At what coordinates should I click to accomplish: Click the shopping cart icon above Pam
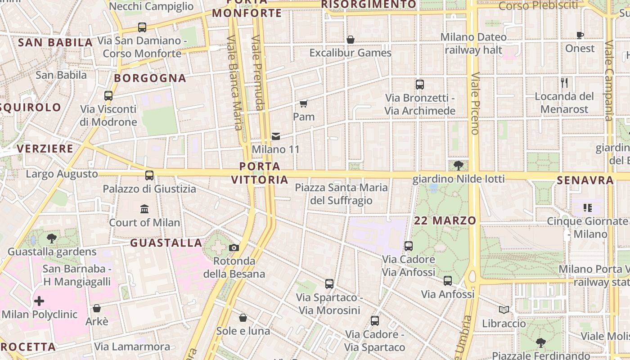[304, 104]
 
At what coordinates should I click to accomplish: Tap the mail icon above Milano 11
[276, 136]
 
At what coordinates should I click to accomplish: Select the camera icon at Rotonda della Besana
[234, 247]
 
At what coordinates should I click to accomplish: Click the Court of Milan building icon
[144, 209]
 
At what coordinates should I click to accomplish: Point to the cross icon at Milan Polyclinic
[40, 301]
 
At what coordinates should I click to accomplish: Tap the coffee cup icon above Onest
[580, 36]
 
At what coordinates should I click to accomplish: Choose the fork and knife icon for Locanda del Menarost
[564, 83]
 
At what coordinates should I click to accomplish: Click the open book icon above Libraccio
[504, 310]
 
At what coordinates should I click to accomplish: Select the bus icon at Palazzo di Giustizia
[149, 175]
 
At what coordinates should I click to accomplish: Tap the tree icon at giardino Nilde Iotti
[459, 166]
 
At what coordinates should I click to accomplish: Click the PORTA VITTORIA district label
[260, 173]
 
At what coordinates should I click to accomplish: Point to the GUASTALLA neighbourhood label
[166, 243]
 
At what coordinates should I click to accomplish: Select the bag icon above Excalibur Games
[351, 40]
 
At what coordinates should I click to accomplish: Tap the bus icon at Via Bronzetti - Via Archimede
[420, 84]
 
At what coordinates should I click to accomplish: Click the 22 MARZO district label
[445, 220]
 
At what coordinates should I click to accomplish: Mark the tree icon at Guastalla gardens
[52, 238]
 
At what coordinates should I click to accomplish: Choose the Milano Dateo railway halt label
[473, 43]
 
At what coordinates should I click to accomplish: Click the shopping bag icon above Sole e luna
[243, 318]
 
